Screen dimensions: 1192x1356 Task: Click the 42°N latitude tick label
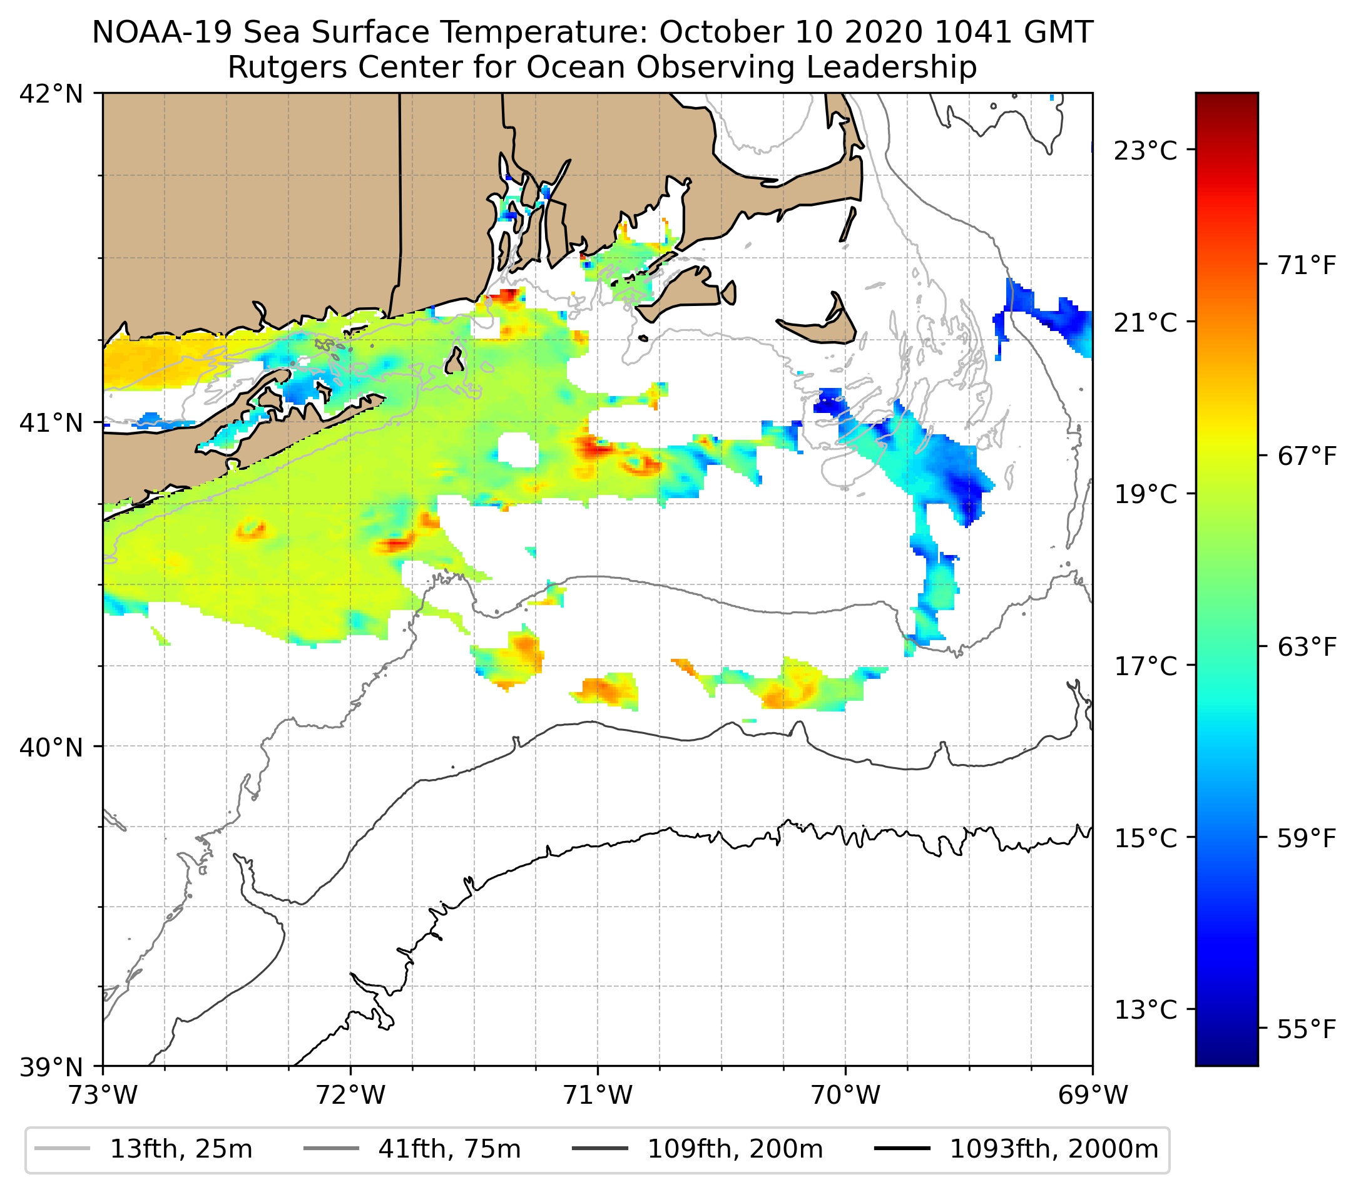[51, 94]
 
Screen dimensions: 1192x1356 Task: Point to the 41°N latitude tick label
[51, 422]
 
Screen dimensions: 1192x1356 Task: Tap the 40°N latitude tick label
[51, 747]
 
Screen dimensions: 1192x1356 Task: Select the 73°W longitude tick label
[103, 1095]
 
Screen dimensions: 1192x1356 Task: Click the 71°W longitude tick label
[598, 1095]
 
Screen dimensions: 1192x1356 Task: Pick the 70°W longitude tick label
[846, 1095]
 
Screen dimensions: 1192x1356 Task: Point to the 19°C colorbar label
[1145, 494]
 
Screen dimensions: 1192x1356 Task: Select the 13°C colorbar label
[1145, 1011]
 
